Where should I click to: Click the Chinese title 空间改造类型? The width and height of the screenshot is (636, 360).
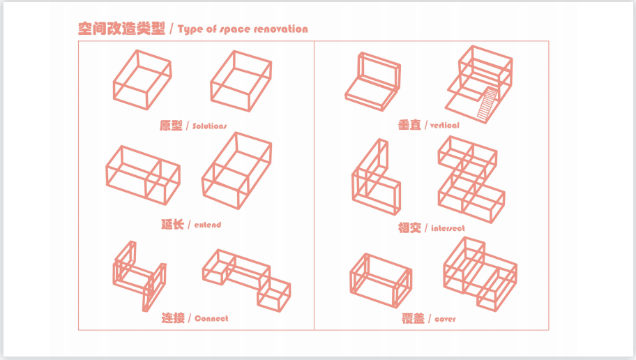click(x=122, y=29)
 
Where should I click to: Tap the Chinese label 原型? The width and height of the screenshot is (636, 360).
click(x=171, y=126)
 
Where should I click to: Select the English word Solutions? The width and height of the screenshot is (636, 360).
click(x=210, y=126)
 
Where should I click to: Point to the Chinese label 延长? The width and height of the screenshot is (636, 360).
click(x=172, y=224)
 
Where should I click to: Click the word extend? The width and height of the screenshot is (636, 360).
click(x=207, y=225)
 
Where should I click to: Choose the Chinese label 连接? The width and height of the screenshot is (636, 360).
click(x=173, y=318)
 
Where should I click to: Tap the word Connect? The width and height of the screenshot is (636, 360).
click(x=211, y=319)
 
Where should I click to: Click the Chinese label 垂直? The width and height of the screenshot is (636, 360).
click(x=409, y=125)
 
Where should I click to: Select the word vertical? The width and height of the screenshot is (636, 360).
click(x=445, y=126)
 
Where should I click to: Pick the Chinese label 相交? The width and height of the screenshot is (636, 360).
click(x=409, y=227)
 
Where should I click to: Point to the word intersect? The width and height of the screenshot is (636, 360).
click(x=448, y=228)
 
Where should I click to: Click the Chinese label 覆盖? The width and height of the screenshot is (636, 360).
click(x=413, y=319)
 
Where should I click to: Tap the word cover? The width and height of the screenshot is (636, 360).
click(x=446, y=320)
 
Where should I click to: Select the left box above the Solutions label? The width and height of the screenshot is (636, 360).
click(x=142, y=80)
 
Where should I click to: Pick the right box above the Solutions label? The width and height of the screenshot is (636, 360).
click(x=241, y=80)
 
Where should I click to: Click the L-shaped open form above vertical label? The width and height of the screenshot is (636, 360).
click(x=373, y=82)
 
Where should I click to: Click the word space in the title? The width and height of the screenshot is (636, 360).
click(x=236, y=29)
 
